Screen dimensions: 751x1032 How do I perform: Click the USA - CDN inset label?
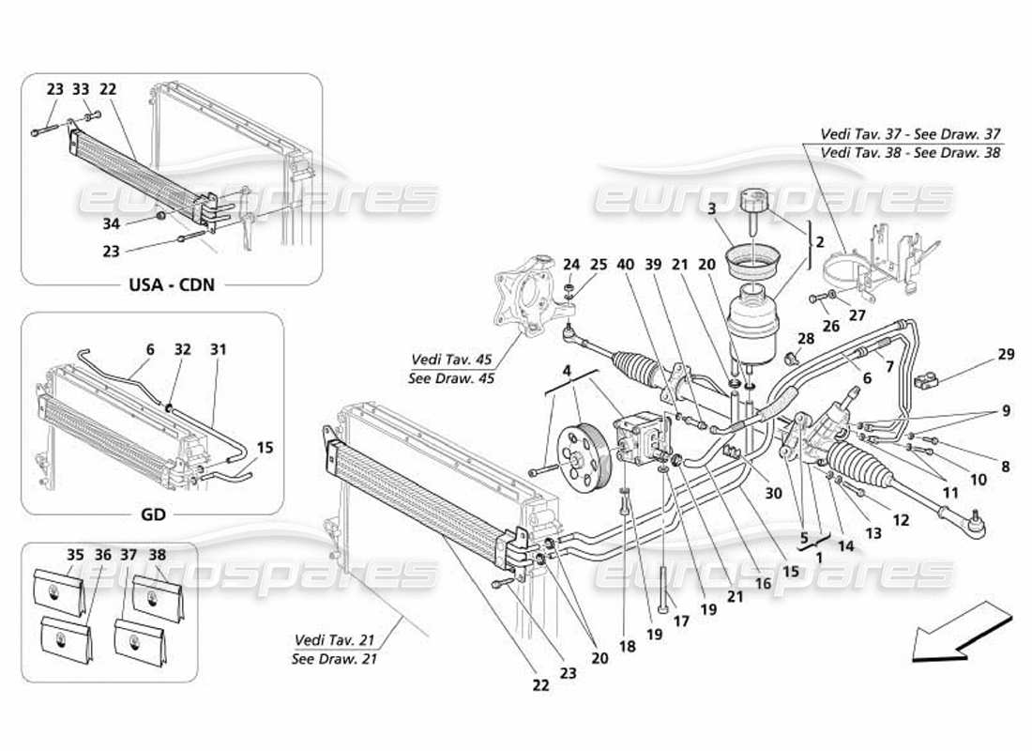(x=171, y=283)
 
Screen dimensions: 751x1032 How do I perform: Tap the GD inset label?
(x=152, y=513)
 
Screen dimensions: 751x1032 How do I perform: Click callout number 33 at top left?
(x=82, y=90)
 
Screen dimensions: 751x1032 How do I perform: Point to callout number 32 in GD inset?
(x=182, y=349)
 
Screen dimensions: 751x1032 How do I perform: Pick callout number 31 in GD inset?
(x=218, y=349)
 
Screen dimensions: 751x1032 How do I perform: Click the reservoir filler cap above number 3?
(x=752, y=202)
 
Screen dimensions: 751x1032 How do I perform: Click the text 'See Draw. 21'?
(x=334, y=656)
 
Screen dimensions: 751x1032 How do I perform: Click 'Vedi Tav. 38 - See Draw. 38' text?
(x=898, y=152)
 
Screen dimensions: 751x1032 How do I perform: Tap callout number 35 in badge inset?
(x=74, y=555)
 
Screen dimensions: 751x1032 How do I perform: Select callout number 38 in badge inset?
(x=157, y=555)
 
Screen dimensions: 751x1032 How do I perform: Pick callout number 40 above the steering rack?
(x=623, y=265)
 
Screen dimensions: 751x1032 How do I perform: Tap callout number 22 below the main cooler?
(x=541, y=686)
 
